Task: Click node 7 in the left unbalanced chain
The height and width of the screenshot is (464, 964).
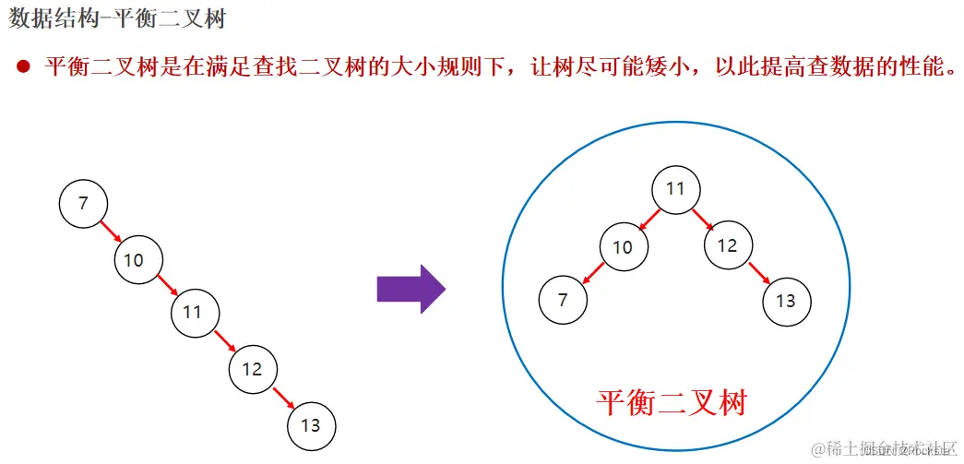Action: click(x=83, y=203)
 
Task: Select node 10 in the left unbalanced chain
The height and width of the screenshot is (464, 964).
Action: click(x=135, y=260)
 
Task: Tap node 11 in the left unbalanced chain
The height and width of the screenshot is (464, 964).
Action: click(x=193, y=312)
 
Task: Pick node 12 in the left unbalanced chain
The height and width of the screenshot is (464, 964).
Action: click(x=252, y=370)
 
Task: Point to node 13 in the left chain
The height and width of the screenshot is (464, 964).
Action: click(x=311, y=425)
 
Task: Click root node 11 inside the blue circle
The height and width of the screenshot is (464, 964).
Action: click(x=675, y=189)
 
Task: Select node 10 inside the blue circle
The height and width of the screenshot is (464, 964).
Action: click(x=623, y=247)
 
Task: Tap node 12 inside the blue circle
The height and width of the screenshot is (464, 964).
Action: click(x=727, y=245)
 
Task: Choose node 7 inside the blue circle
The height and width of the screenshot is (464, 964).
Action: click(x=563, y=300)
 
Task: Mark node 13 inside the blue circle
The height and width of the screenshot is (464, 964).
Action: click(x=786, y=301)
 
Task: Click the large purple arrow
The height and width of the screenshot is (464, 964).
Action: click(x=411, y=289)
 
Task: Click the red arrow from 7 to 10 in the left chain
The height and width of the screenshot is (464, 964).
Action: click(x=110, y=230)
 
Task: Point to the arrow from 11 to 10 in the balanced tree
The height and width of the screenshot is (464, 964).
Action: click(x=649, y=218)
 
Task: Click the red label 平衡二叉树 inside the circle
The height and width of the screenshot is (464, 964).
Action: click(x=671, y=402)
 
